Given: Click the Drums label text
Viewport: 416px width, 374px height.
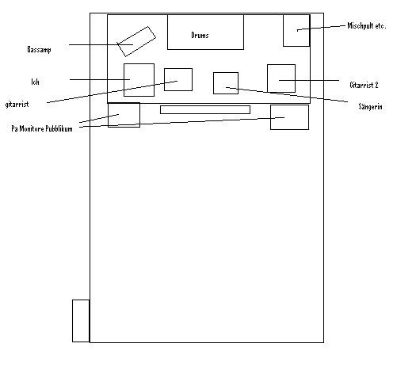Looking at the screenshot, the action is (200, 36).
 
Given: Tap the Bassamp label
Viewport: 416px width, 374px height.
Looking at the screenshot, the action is (39, 50).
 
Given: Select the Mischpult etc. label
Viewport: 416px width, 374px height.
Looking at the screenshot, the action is (367, 25).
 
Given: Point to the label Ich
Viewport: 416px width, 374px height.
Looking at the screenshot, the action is (36, 82).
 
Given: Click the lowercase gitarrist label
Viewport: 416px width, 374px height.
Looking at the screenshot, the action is (17, 105).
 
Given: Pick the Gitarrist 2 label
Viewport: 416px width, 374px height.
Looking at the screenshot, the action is (364, 85).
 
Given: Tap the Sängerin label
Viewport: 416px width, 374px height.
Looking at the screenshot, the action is (370, 106).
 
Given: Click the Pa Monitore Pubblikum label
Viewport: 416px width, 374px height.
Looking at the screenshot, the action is (42, 128).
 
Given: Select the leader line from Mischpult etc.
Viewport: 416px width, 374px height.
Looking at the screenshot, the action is (321, 28).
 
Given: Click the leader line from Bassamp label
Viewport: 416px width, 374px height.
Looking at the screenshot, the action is (101, 45).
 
